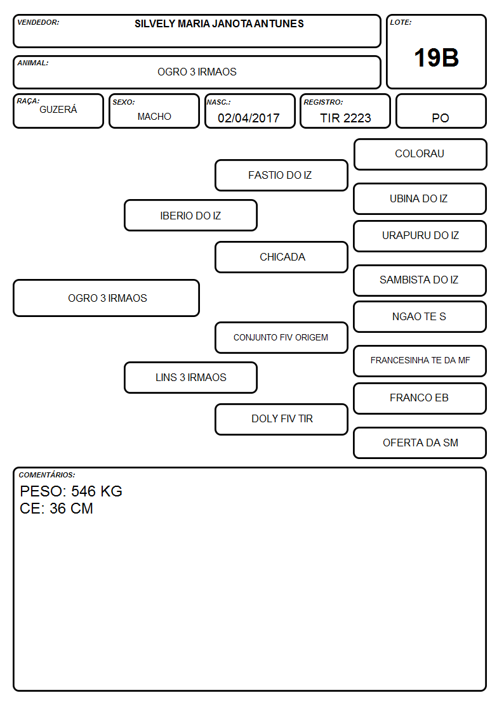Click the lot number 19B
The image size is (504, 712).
point(436,58)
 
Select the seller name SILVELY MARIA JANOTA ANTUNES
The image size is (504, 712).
point(219,23)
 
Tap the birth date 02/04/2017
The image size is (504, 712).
point(249,118)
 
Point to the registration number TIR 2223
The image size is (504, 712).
point(345,118)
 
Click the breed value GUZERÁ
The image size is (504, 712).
point(58,110)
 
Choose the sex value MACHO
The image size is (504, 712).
point(154,117)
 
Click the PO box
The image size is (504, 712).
point(441,111)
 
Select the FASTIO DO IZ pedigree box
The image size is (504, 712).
point(281,175)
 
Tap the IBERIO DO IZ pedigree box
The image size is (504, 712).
point(190,215)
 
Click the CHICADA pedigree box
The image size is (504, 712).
point(281,257)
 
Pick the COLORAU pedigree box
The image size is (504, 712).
point(420,155)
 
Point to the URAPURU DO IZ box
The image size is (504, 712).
point(420,236)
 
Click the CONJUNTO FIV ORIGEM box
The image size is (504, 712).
point(281,337)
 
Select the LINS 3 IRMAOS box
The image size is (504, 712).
point(190,377)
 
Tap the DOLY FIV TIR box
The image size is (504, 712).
point(281,419)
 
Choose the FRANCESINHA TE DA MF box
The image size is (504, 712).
point(420,361)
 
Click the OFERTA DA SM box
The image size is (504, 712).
point(420,443)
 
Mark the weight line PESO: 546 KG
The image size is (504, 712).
point(71,491)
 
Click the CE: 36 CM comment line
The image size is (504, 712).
point(56,508)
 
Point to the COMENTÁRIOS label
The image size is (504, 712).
point(47,475)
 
